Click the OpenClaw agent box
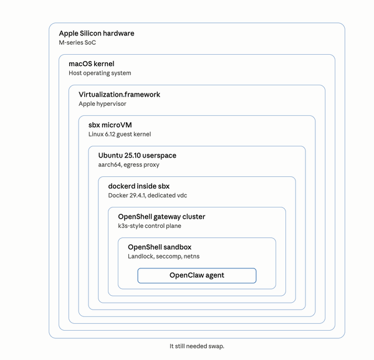[197, 275]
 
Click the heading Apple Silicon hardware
[96, 33]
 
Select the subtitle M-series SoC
[77, 42]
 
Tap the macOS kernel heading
[91, 64]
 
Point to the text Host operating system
[100, 73]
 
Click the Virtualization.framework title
[119, 94]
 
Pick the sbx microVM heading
[110, 125]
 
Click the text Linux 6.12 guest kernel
[120, 134]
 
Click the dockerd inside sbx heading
[138, 186]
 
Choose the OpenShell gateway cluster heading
[161, 216]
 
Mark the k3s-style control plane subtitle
[150, 225]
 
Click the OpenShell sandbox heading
[160, 247]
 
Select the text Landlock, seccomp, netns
[164, 256]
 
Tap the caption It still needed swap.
[196, 346]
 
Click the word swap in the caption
[216, 346]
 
